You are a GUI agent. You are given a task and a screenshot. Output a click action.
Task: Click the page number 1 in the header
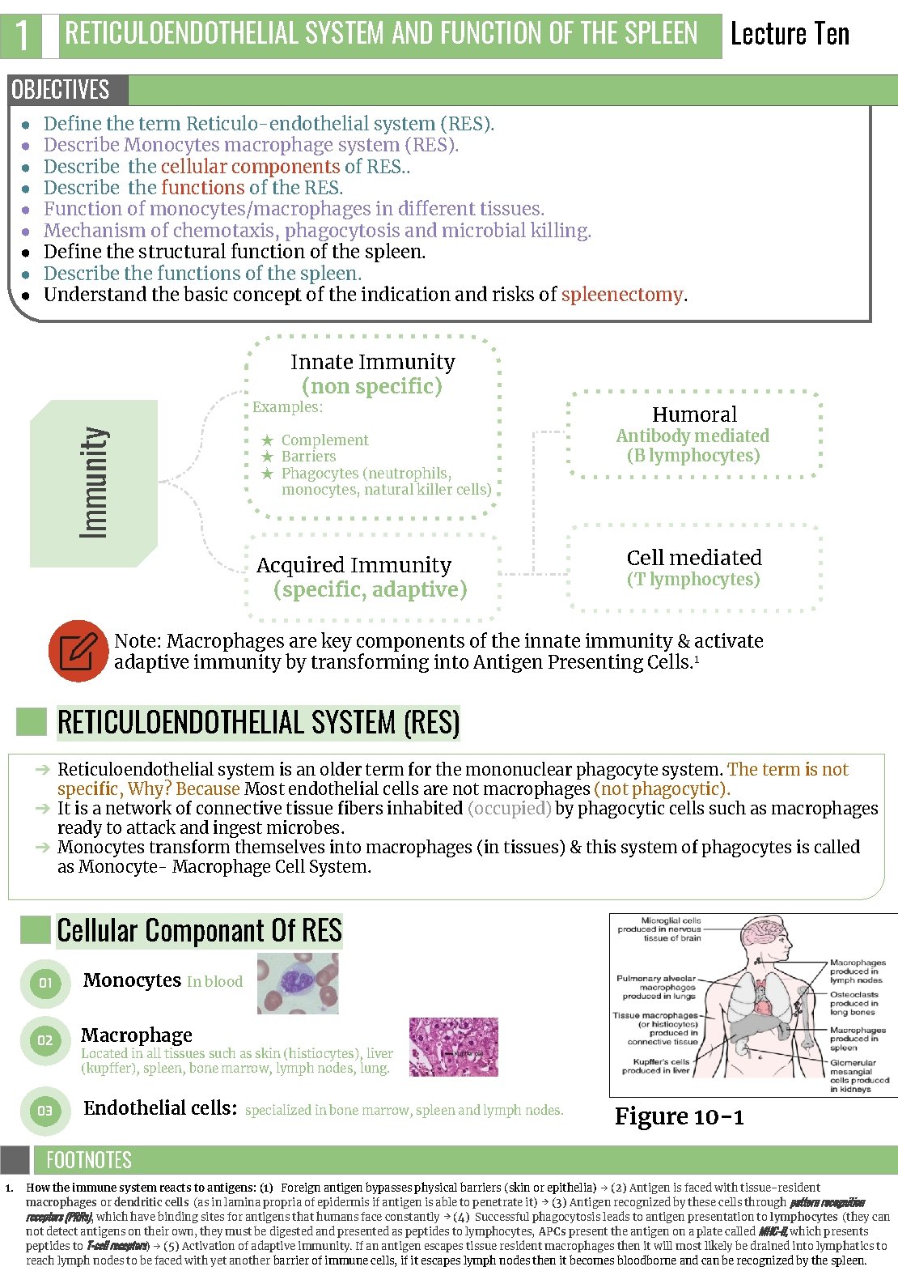click(22, 35)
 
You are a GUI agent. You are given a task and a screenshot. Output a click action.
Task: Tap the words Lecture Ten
click(790, 34)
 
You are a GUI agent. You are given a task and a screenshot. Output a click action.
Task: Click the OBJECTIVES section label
click(61, 89)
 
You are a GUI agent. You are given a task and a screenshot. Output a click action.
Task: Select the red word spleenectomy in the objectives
click(622, 295)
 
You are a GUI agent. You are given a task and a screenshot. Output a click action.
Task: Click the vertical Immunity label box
click(93, 483)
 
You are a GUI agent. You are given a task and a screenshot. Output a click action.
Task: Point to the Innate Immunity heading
click(372, 362)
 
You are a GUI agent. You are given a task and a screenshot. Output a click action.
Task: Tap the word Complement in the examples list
click(324, 440)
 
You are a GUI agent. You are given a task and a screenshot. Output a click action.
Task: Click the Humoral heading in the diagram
click(694, 414)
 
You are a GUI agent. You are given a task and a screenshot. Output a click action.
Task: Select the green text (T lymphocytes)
click(693, 579)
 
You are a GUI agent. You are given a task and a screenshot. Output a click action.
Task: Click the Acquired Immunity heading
click(354, 565)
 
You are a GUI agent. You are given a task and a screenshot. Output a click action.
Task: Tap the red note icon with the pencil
click(78, 651)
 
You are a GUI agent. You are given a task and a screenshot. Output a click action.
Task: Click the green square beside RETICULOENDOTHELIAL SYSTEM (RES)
click(32, 721)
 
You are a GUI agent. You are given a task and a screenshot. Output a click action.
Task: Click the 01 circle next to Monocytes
click(45, 982)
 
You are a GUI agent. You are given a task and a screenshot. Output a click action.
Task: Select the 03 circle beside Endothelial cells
click(45, 1111)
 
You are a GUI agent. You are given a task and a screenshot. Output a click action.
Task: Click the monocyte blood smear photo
click(298, 983)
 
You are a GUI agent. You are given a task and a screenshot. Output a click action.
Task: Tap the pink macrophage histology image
click(453, 1047)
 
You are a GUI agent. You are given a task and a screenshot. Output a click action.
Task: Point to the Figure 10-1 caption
click(679, 1116)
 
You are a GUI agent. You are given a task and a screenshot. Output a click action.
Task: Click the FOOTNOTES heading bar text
click(89, 1160)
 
